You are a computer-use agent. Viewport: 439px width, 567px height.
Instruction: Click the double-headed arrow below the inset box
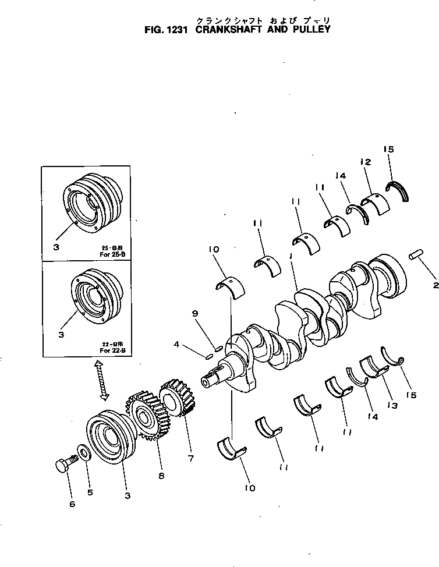[x=102, y=380]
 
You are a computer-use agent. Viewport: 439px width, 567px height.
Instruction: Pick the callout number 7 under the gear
[x=190, y=459]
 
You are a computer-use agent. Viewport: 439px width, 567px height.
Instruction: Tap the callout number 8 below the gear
[x=161, y=476]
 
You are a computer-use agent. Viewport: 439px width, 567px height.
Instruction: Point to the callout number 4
[x=176, y=343]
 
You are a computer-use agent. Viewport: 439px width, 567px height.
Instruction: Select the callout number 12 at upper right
[x=365, y=161]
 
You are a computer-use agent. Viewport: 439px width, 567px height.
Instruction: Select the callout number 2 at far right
[x=434, y=285]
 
